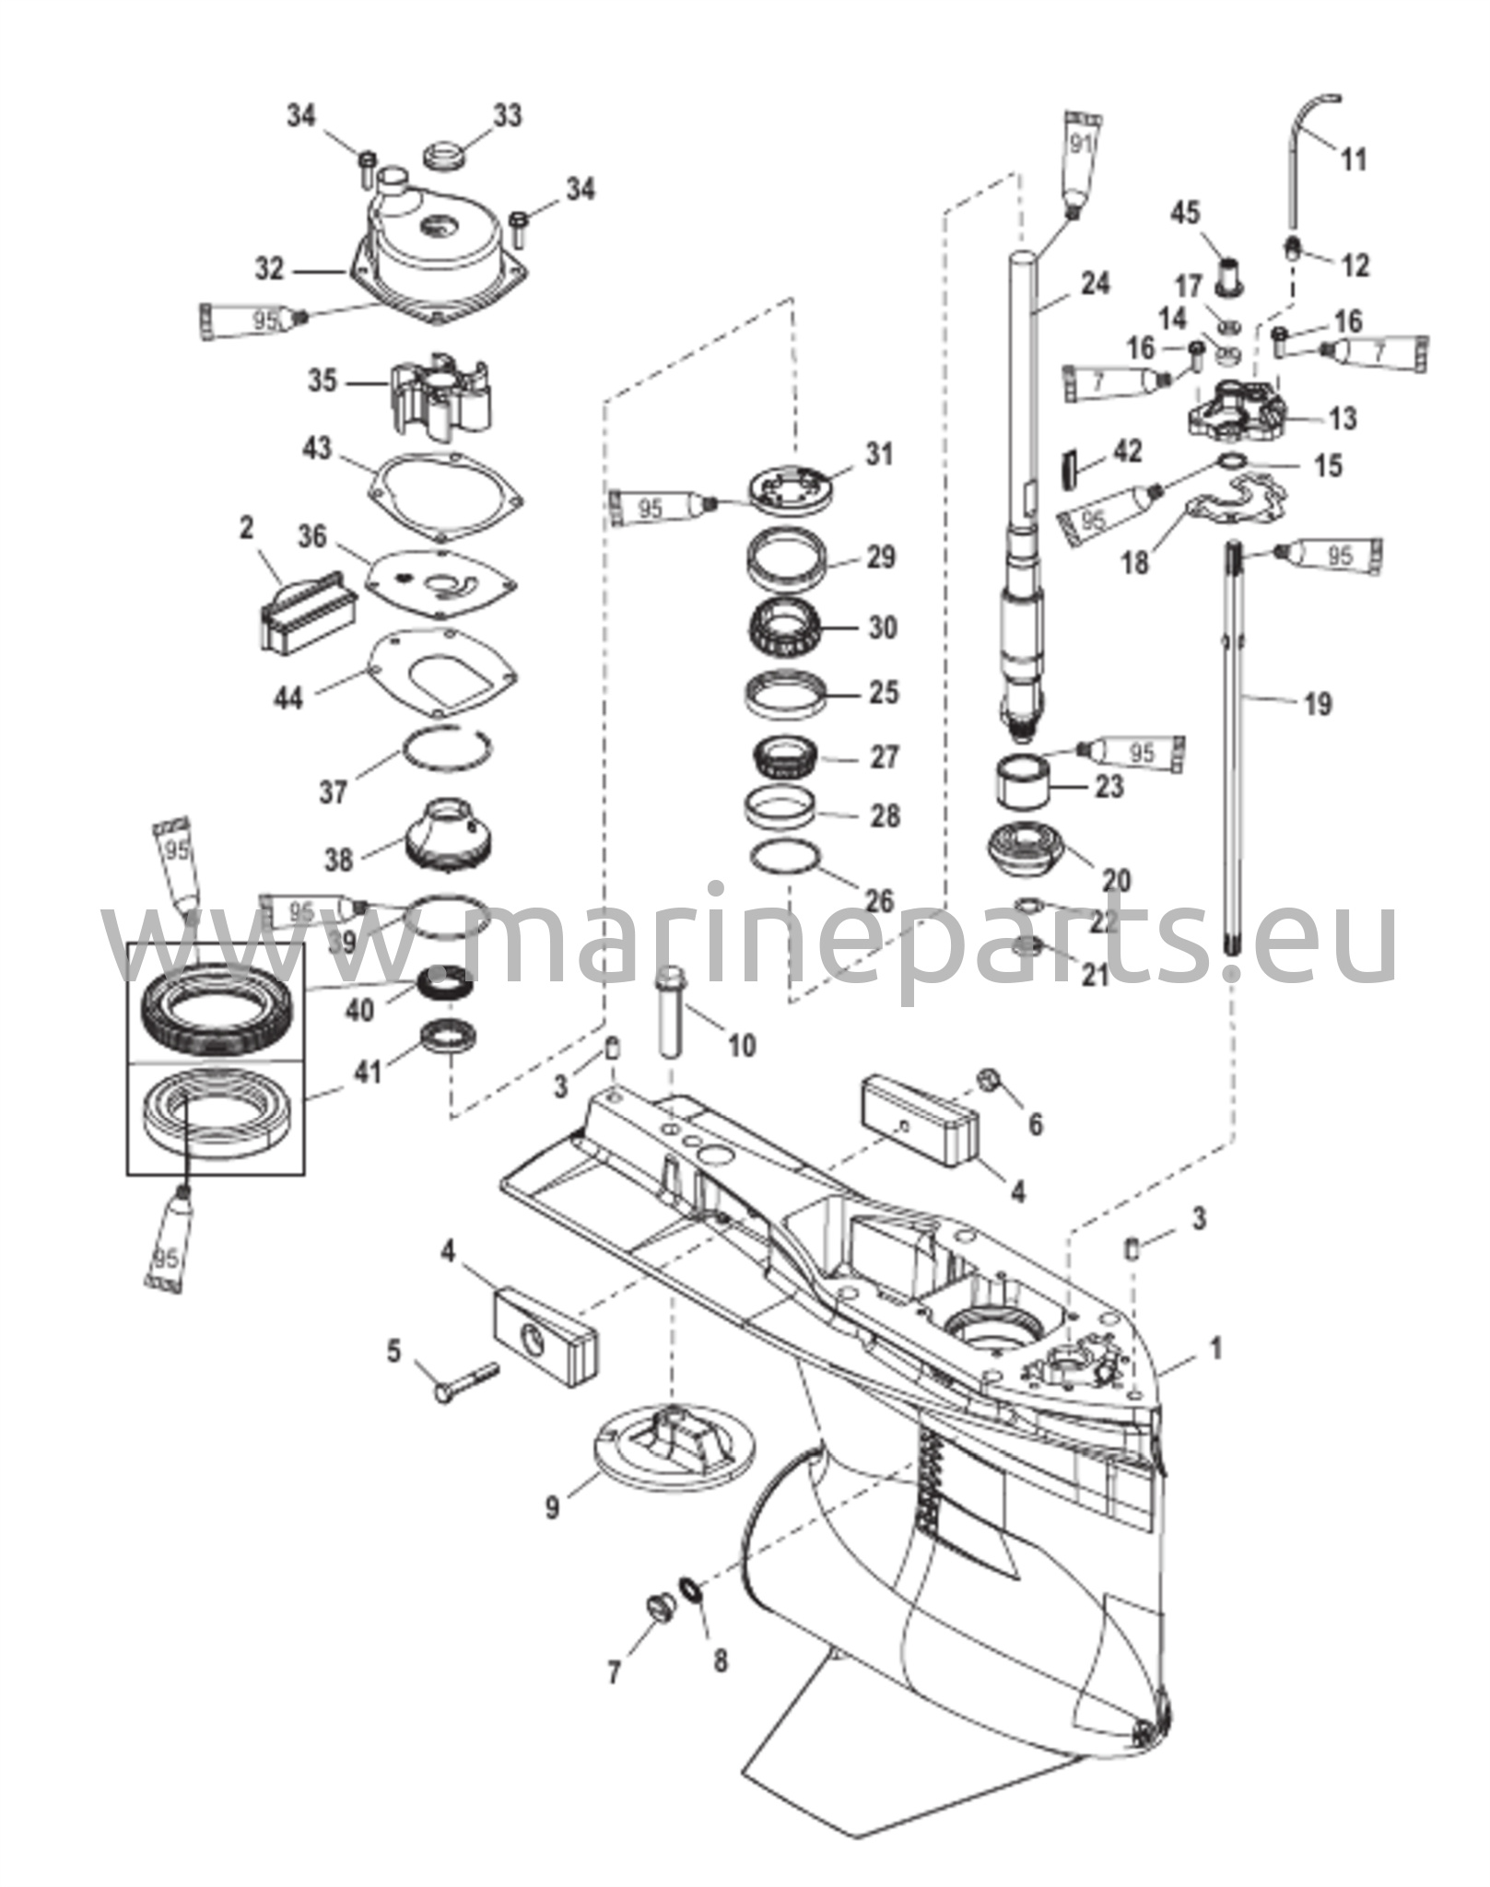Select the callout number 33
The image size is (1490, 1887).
506,116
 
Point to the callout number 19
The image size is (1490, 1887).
1319,705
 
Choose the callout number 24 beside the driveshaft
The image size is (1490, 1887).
1096,285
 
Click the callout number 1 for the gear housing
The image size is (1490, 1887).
1216,1349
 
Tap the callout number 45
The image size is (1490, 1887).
1185,213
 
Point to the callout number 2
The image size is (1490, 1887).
247,529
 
